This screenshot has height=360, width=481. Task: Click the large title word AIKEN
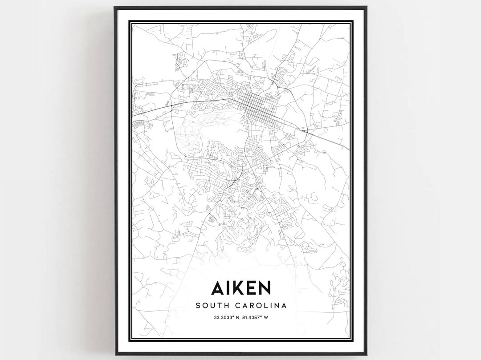tap(240, 287)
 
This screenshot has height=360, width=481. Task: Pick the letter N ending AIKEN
tap(264, 287)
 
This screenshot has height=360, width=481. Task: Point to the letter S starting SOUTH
tap(198, 306)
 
